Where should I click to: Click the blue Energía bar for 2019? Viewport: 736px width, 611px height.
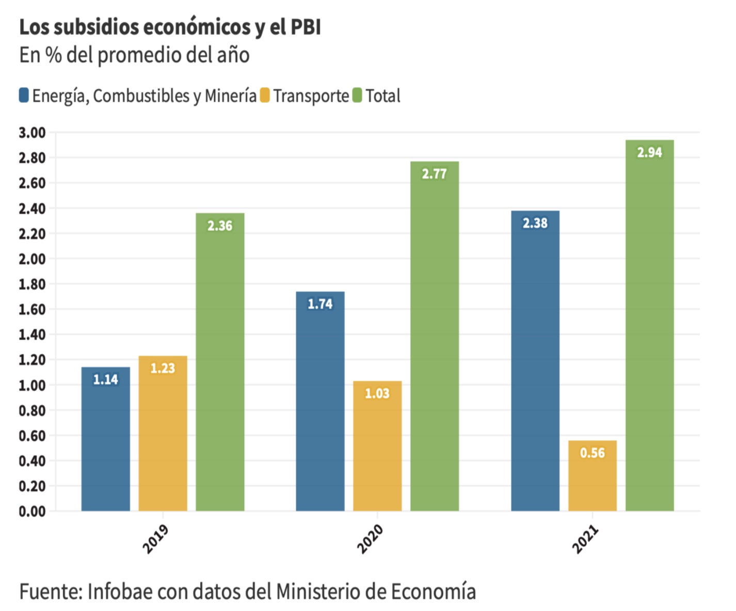(106, 439)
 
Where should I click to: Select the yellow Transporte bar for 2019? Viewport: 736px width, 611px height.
(163, 433)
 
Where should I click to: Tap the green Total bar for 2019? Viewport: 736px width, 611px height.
(220, 361)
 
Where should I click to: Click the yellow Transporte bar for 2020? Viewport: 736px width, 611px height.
(377, 446)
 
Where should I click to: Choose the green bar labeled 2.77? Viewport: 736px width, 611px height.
(435, 335)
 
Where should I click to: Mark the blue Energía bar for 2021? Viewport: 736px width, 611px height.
(535, 361)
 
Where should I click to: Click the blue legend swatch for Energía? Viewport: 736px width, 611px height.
(24, 95)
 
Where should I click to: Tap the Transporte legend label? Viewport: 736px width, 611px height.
(311, 96)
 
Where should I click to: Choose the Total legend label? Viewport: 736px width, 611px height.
(383, 96)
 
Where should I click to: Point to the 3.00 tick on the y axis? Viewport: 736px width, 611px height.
(32, 133)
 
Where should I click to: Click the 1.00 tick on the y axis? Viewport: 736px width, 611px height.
(32, 385)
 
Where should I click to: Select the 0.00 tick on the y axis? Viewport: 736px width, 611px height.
(32, 511)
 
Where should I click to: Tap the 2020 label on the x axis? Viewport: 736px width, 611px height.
(370, 539)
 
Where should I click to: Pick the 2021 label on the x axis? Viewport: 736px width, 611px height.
(585, 539)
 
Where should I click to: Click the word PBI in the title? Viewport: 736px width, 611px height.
(306, 27)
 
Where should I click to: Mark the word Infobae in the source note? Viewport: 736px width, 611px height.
(120, 591)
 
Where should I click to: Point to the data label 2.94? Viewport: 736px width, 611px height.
(649, 153)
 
